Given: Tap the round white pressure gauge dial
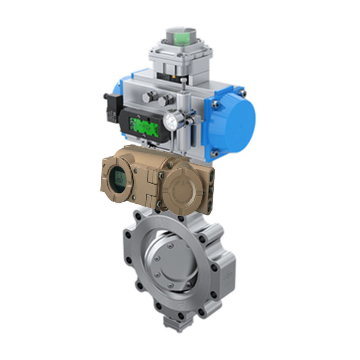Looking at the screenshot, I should tap(171, 120).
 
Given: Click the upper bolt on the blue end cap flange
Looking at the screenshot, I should tap(243, 93).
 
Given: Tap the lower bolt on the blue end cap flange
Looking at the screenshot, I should tap(215, 153).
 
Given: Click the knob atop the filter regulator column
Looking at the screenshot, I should tap(184, 81).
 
